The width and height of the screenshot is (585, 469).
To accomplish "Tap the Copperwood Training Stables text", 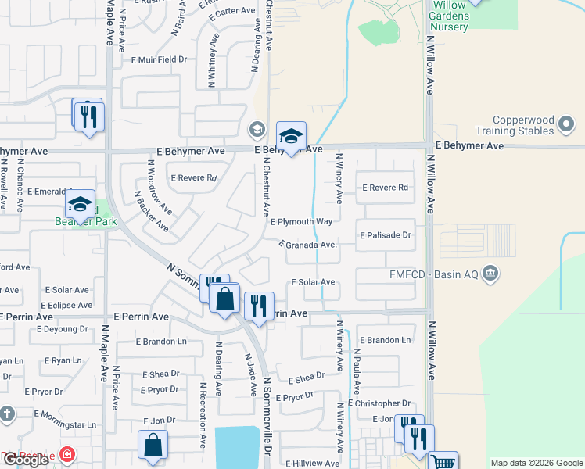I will click(513, 126).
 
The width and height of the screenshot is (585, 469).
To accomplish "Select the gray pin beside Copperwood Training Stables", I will click(568, 124).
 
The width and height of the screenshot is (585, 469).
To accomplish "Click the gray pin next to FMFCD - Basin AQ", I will click(490, 273).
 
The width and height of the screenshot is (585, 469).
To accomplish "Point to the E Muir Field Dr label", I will click(160, 59).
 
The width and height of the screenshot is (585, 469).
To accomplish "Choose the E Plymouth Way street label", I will click(302, 222).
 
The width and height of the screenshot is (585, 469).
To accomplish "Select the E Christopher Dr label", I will click(384, 403).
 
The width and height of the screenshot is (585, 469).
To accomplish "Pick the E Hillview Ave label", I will click(312, 463).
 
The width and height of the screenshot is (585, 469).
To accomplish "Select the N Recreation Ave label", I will click(203, 414).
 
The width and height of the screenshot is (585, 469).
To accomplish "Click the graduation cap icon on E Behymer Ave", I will click(291, 136).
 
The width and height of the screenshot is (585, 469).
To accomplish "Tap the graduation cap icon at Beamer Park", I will click(80, 204).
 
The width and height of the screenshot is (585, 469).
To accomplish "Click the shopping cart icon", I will click(443, 463).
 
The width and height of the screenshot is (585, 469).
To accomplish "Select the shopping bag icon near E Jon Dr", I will click(153, 444).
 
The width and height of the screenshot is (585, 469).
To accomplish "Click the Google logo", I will click(26, 460).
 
